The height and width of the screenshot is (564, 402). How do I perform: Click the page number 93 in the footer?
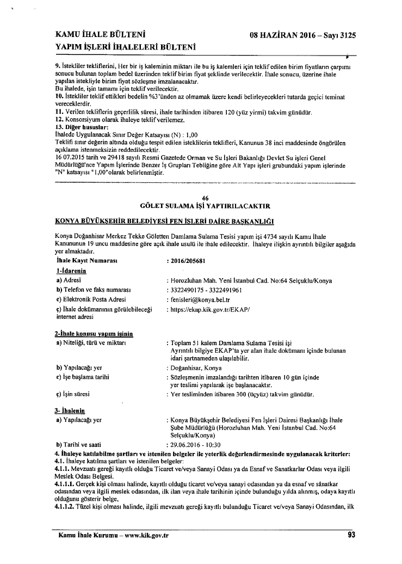[351, 535]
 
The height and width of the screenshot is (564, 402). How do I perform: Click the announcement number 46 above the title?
[205, 198]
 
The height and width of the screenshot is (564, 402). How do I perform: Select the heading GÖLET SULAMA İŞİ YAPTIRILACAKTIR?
[205, 206]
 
